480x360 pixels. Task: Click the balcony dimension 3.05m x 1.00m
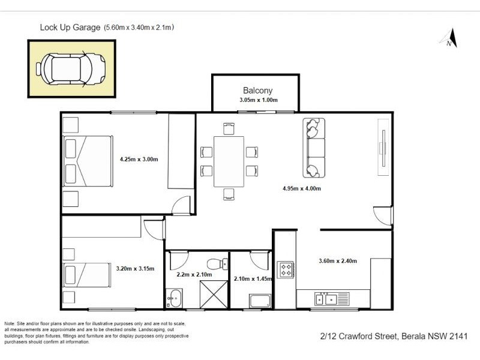click(x=258, y=100)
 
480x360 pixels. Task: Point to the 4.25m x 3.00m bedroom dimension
click(x=139, y=160)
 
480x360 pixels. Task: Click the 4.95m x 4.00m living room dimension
click(x=302, y=188)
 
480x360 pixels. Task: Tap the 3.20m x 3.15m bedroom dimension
click(x=136, y=269)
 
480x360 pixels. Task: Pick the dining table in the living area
click(x=229, y=161)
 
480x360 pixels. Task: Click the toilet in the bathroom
click(x=216, y=263)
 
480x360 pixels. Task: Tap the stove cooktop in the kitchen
click(x=284, y=269)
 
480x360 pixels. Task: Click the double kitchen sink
click(x=326, y=298)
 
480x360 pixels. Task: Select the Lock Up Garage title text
click(x=70, y=27)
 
